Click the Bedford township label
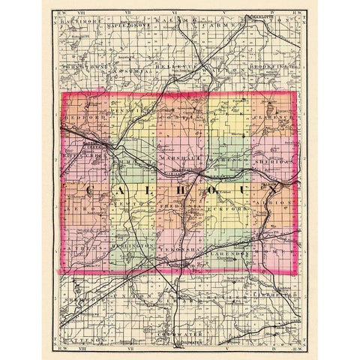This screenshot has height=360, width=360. [81, 118]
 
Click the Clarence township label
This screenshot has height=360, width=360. [271, 117]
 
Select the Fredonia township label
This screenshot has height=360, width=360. [181, 203]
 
